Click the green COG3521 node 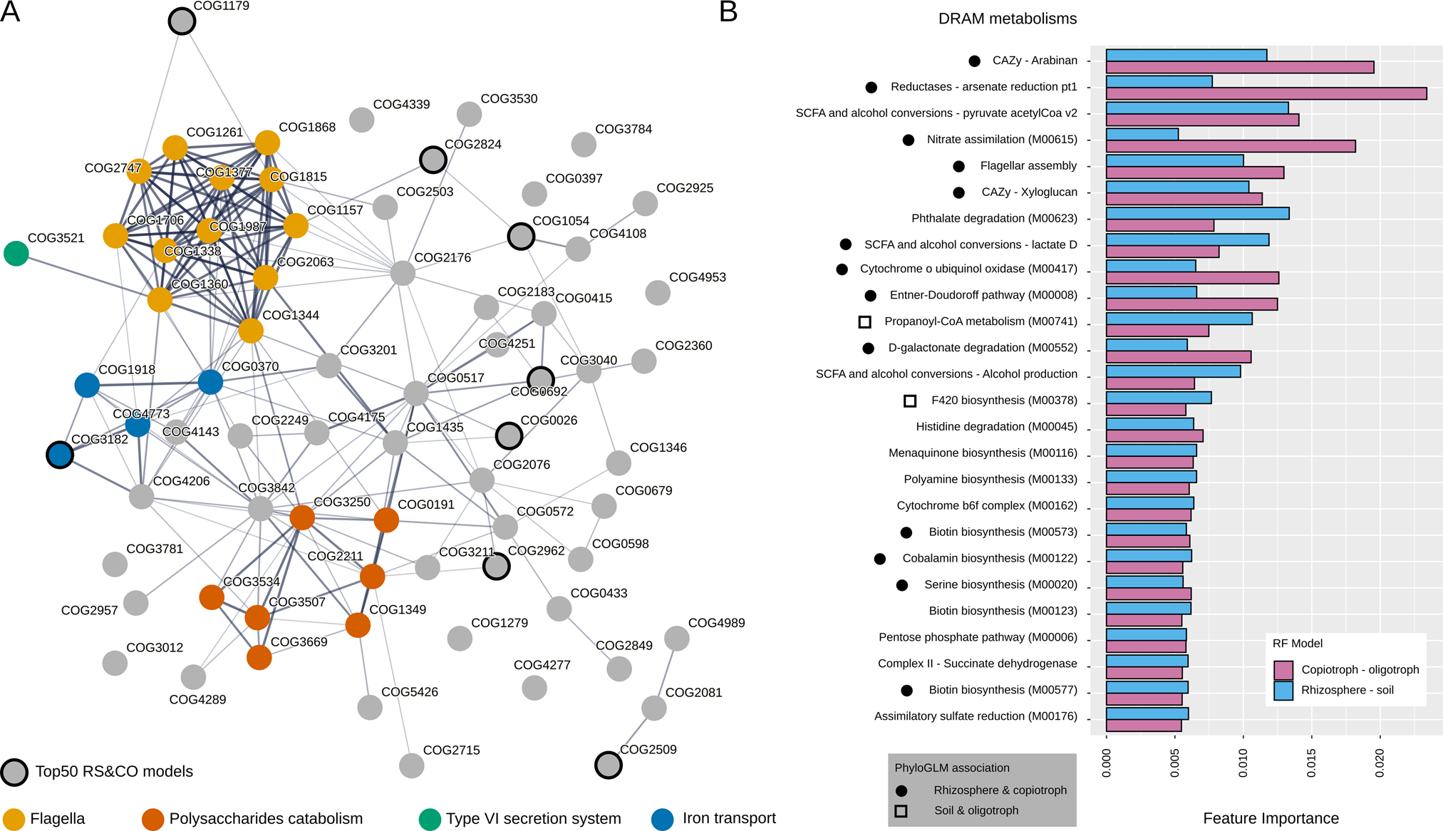click(x=16, y=253)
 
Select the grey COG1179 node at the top click(x=182, y=21)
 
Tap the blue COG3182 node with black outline click(x=60, y=455)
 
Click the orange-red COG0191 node click(x=386, y=520)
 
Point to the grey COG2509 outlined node click(x=608, y=765)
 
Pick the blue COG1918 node click(x=87, y=385)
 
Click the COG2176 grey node click(x=403, y=273)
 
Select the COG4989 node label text click(x=716, y=623)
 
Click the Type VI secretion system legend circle click(x=430, y=819)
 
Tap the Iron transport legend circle click(x=663, y=819)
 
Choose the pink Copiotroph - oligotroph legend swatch click(x=1283, y=670)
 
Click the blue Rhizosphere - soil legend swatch click(x=1283, y=690)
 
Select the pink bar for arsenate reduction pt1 click(x=1266, y=94)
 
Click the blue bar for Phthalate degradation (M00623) click(x=1197, y=213)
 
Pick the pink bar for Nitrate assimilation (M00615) click(x=1230, y=147)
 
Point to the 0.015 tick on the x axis click(x=1312, y=763)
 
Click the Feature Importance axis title click(x=1271, y=818)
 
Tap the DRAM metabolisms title click(x=1007, y=19)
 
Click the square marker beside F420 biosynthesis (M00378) click(x=910, y=401)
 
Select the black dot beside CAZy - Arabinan click(x=974, y=61)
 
